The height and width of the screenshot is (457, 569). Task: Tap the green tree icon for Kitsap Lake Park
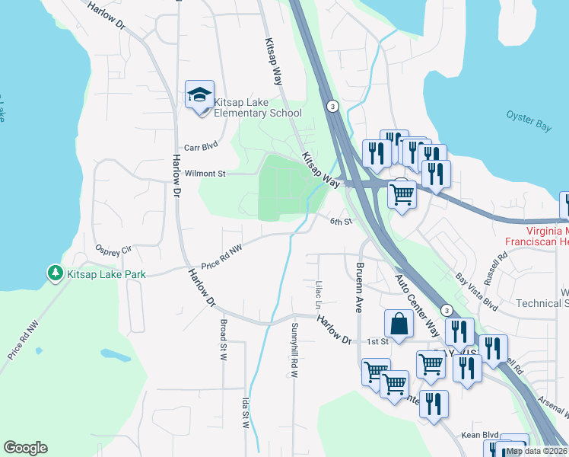(x=55, y=272)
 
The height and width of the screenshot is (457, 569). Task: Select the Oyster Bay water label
(x=529, y=120)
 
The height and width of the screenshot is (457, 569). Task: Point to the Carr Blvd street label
(x=202, y=148)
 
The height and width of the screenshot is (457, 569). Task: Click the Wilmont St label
(x=205, y=174)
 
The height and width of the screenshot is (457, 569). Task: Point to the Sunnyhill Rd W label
(x=294, y=350)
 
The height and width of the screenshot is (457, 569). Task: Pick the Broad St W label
(x=224, y=340)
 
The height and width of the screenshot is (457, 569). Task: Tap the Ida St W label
(x=246, y=412)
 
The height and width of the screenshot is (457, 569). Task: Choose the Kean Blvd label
(x=479, y=434)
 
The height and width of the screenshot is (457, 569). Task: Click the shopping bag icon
(x=399, y=324)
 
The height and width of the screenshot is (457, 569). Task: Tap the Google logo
(x=25, y=448)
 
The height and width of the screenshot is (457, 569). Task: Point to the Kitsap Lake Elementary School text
(x=259, y=107)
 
